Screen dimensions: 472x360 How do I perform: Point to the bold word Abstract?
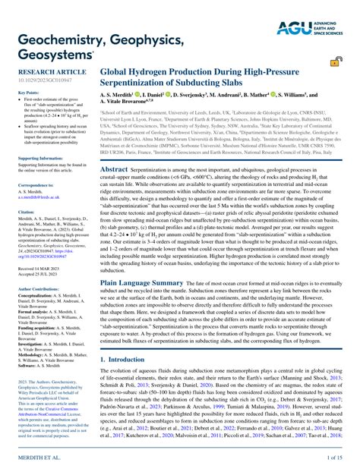[115, 170]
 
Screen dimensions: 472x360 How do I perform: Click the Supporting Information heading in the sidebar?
[40, 158]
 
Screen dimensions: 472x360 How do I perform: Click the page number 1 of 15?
[334, 459]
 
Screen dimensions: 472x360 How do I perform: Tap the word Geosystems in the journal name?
[49, 54]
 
